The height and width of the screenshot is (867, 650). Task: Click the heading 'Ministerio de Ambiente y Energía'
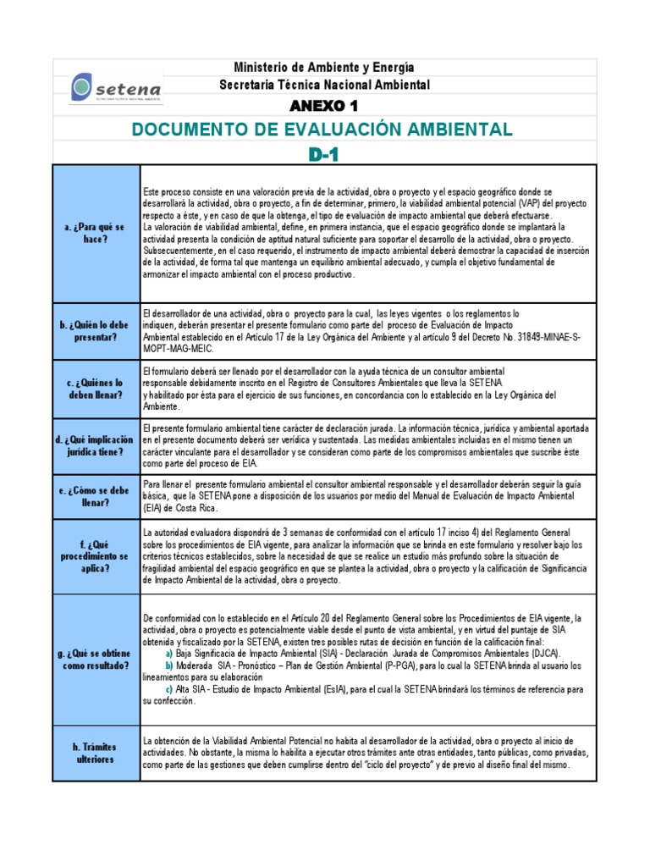(x=324, y=67)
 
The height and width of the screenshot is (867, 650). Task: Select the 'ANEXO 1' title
(x=324, y=106)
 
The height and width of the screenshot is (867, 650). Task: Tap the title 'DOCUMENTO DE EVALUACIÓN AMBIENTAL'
(x=322, y=129)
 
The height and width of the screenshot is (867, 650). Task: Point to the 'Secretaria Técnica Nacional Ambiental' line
(x=324, y=85)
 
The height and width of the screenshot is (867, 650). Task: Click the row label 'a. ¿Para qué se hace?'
(x=96, y=234)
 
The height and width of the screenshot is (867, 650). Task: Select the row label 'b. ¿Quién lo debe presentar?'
(x=96, y=331)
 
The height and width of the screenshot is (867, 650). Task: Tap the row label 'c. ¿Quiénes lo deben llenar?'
(x=96, y=389)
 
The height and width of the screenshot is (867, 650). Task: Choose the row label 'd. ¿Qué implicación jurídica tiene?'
(x=96, y=445)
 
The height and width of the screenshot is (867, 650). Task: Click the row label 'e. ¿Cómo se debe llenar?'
(x=96, y=496)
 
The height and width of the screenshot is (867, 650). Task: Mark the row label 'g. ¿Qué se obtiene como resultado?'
(x=96, y=659)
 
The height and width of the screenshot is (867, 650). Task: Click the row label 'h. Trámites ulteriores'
(x=96, y=753)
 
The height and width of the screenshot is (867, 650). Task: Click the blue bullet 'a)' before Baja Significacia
(x=169, y=654)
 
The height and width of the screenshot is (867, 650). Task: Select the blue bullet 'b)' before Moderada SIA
(x=169, y=665)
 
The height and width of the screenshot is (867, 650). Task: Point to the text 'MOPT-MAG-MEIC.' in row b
(x=179, y=349)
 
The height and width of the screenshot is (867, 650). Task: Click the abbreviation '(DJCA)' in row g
(x=543, y=654)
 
